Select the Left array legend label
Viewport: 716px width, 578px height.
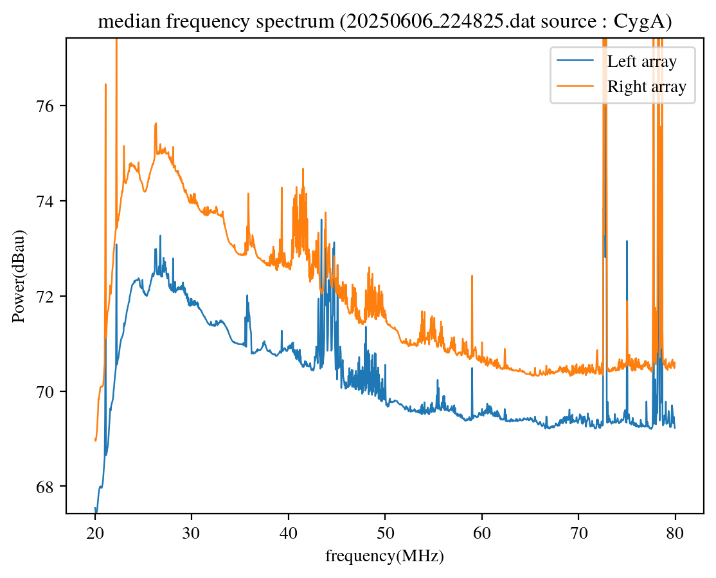coord(642,62)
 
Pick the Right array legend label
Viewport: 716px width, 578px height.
coord(647,86)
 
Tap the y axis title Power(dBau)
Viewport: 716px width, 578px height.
coord(21,276)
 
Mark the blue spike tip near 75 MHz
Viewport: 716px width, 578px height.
coord(627,241)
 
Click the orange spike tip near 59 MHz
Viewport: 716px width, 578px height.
coord(472,275)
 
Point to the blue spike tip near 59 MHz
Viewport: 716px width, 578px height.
coord(472,368)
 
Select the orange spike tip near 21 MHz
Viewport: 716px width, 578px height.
coord(105,84)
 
